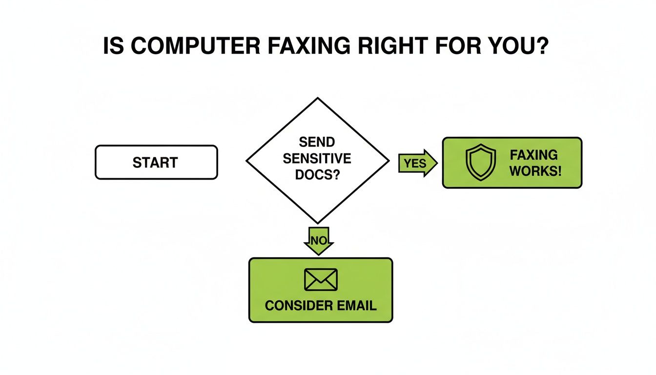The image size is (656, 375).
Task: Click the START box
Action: [156, 162]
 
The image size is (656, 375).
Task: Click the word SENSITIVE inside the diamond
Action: [317, 158]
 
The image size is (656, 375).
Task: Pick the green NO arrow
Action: [318, 240]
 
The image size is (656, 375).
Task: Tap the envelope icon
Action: [321, 280]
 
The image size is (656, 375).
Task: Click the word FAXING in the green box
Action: [533, 155]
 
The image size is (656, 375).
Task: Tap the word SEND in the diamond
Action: [317, 142]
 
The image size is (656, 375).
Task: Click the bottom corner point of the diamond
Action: [318, 223]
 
